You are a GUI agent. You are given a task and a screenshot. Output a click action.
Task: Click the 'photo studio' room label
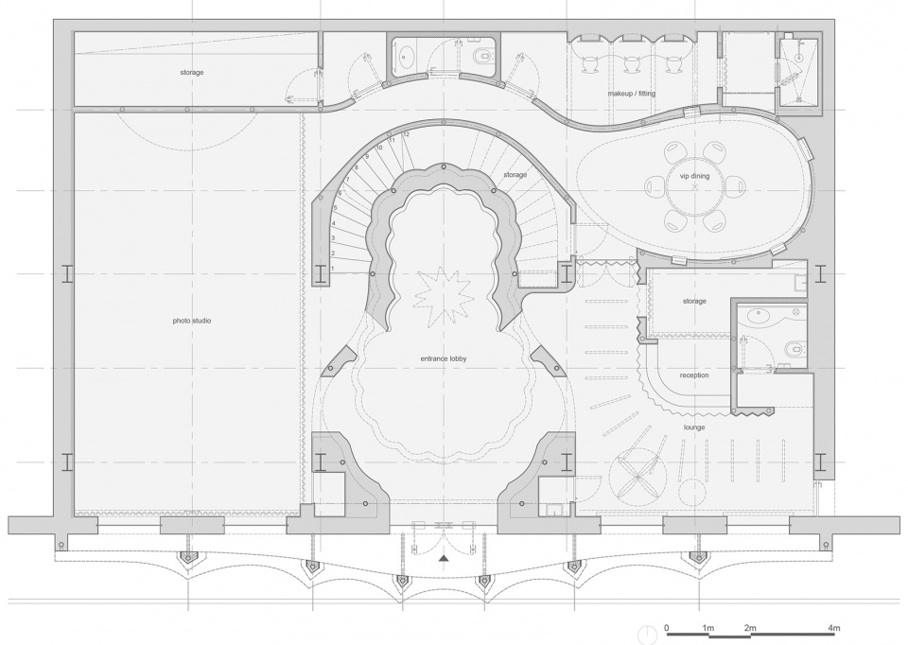tap(192, 321)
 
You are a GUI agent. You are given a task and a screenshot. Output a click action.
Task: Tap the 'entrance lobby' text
tap(444, 359)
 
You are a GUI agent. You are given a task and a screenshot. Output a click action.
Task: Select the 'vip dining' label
tap(695, 176)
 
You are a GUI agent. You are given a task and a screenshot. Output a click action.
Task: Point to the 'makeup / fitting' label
tap(631, 94)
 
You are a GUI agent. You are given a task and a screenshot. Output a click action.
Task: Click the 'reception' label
tap(694, 375)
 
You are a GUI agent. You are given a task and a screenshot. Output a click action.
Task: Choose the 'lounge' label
tap(694, 427)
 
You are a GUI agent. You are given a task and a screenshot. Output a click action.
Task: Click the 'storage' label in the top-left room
tap(192, 73)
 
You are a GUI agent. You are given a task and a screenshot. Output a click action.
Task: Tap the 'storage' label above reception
tap(694, 302)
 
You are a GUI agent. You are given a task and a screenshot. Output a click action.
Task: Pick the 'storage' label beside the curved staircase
tap(515, 175)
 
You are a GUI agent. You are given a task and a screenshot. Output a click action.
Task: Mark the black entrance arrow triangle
tap(444, 558)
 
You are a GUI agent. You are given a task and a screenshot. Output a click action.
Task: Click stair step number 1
tap(332, 269)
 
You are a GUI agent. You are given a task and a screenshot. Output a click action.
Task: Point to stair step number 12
tap(407, 134)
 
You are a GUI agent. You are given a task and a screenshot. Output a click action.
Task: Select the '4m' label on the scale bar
tap(834, 628)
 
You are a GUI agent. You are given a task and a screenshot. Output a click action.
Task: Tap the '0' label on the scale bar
tap(667, 628)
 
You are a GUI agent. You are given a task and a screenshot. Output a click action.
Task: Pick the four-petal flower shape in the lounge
tap(636, 476)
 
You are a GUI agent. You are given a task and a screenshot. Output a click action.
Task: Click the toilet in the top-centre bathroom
tap(481, 56)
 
